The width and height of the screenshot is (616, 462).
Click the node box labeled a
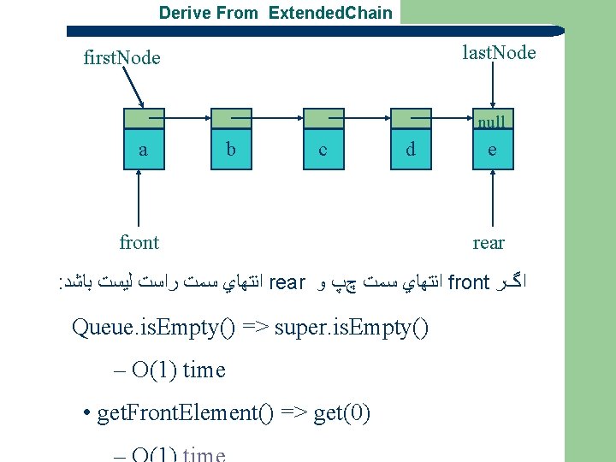(143, 150)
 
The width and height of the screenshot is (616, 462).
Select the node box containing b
(231, 150)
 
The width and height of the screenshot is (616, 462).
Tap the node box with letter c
(322, 150)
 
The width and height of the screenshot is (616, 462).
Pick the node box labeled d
(411, 150)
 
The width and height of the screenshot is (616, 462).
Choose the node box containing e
(492, 150)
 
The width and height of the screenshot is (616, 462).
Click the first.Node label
(122, 58)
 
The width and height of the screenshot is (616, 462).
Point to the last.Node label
(499, 53)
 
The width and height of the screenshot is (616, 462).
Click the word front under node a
(139, 243)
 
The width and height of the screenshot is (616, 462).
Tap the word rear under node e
(489, 243)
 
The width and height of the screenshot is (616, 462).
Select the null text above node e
(492, 122)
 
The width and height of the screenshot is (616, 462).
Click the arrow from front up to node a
(139, 198)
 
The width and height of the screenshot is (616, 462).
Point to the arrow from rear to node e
(492, 198)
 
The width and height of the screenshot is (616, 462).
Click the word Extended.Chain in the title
(330, 13)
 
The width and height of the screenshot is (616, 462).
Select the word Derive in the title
(184, 13)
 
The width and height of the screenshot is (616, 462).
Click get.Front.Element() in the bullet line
(185, 414)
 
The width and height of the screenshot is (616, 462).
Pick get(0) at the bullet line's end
(342, 414)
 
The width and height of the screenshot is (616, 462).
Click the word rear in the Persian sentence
(287, 282)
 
